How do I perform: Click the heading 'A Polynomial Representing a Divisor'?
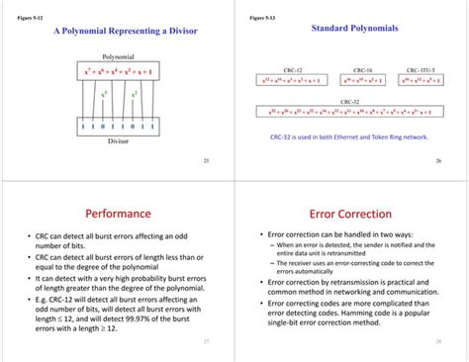click(126, 33)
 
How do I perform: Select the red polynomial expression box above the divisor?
click(118, 74)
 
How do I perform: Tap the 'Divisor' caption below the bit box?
click(118, 141)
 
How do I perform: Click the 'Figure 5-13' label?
click(261, 18)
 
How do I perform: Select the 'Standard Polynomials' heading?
click(354, 29)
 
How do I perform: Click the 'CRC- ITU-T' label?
click(426, 70)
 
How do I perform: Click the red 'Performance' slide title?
click(118, 213)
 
